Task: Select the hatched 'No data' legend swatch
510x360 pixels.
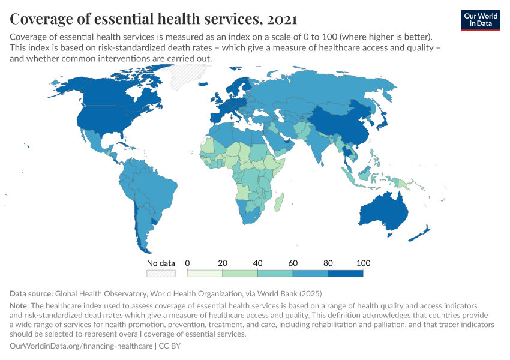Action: [161, 274]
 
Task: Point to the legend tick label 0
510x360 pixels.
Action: [188, 263]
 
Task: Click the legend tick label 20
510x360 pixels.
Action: [223, 263]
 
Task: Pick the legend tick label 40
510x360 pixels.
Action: [257, 263]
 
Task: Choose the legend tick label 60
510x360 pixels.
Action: [293, 263]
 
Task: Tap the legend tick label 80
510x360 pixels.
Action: [328, 263]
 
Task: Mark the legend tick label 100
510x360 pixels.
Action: [363, 263]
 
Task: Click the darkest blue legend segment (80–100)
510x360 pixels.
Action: [346, 274]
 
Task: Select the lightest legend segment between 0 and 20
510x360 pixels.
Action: [205, 274]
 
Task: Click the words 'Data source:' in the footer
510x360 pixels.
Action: [31, 294]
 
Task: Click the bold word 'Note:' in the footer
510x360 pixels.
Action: [21, 305]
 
